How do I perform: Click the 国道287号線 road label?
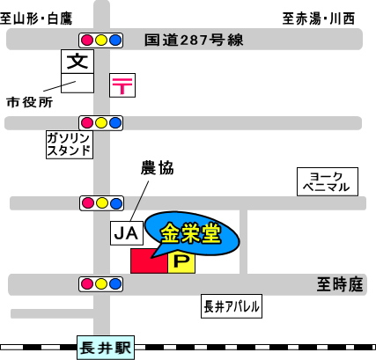pyautogui.click(x=194, y=40)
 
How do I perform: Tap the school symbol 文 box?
pyautogui.click(x=77, y=62)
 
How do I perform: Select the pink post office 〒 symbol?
pyautogui.click(x=122, y=85)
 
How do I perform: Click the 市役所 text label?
pyautogui.click(x=30, y=102)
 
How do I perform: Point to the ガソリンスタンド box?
pyautogui.click(x=70, y=144)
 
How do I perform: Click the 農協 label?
pyautogui.click(x=157, y=168)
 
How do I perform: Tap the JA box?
pyautogui.click(x=127, y=233)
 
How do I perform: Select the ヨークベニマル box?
pyautogui.click(x=328, y=181)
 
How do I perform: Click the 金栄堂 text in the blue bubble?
pyautogui.click(x=191, y=233)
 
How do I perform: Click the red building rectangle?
pyautogui.click(x=149, y=261)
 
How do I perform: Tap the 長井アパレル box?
pyautogui.click(x=232, y=306)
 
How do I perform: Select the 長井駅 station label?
pyautogui.click(x=106, y=348)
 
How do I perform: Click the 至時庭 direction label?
pyautogui.click(x=340, y=284)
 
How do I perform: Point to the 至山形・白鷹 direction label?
pyautogui.click(x=36, y=18)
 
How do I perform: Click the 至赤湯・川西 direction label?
pyautogui.click(x=319, y=18)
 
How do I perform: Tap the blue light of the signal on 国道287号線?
pyautogui.click(x=115, y=40)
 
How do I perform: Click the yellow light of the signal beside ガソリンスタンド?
pyautogui.click(x=101, y=123)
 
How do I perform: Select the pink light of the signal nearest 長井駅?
pyautogui.click(x=87, y=284)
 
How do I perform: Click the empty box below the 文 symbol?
pyautogui.click(x=77, y=83)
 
